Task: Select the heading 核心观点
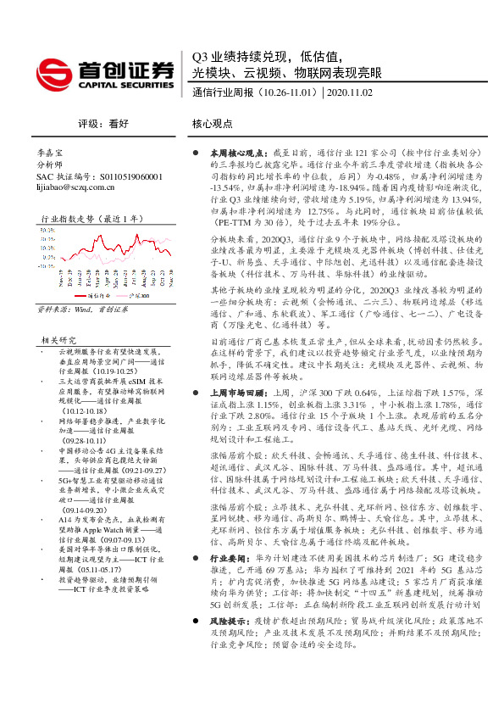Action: tap(213, 122)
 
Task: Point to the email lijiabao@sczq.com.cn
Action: tap(77, 187)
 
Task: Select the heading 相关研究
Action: tap(58, 339)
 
